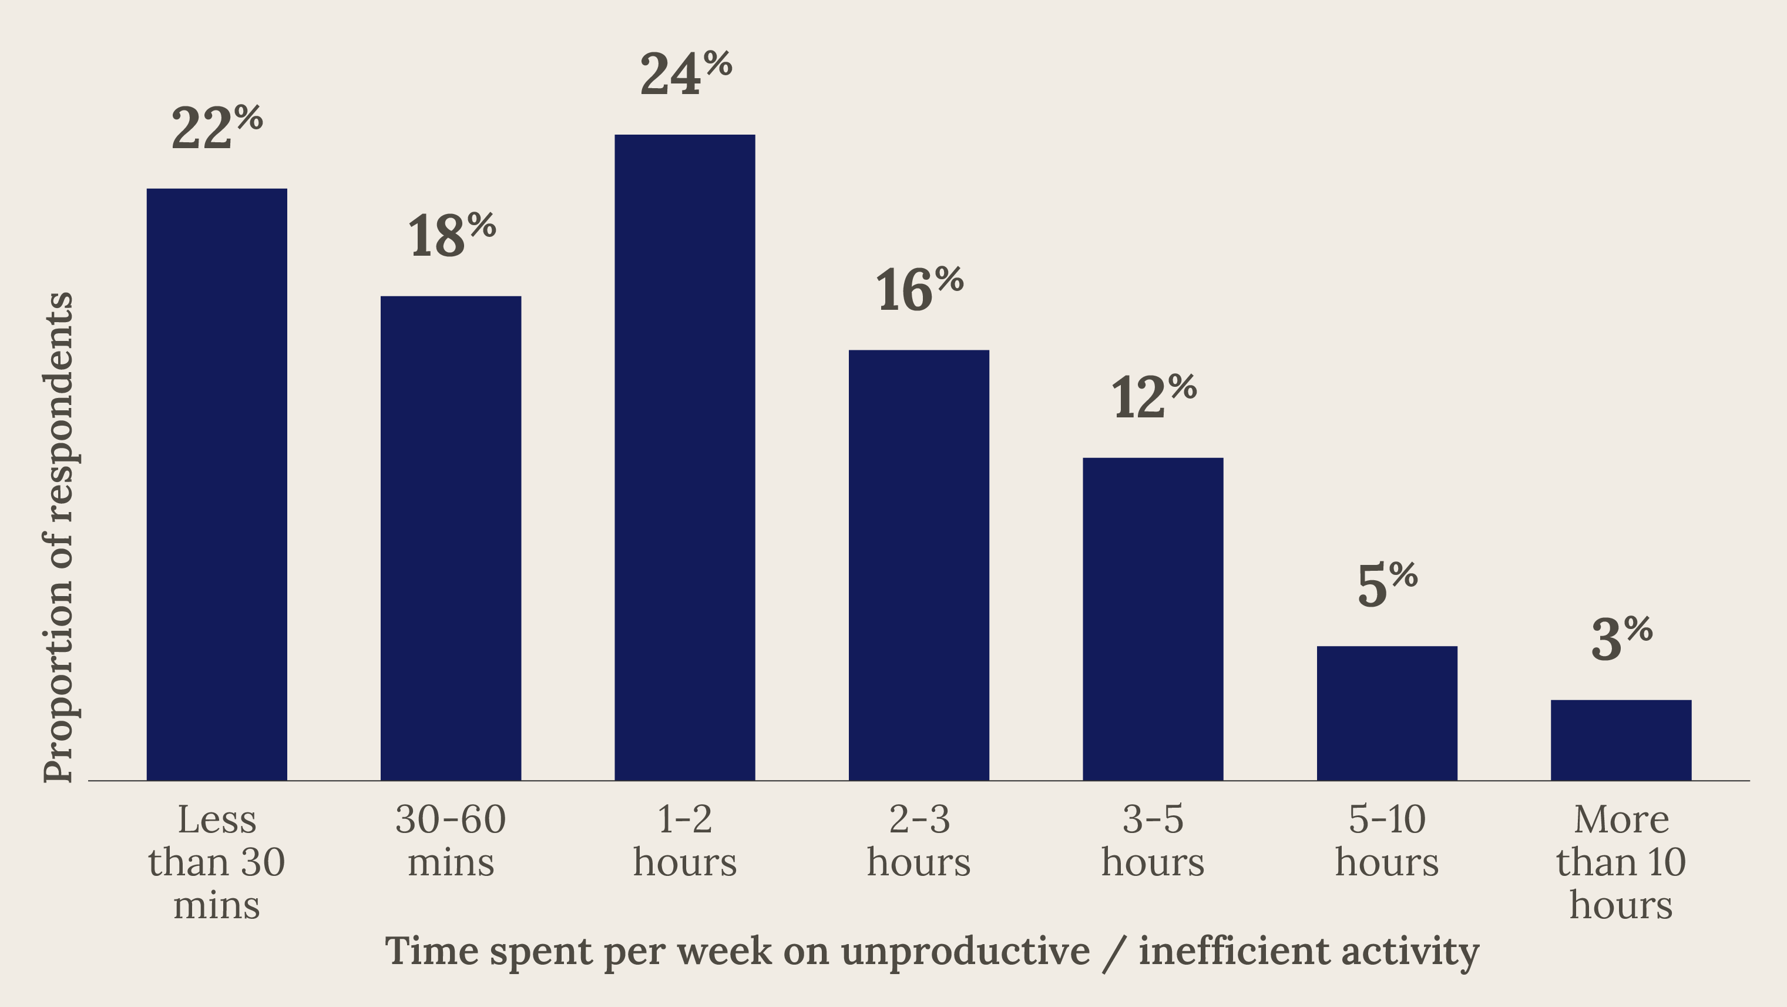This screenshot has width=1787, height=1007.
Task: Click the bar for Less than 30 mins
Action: coord(216,484)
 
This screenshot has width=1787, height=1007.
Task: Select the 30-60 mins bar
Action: coord(451,538)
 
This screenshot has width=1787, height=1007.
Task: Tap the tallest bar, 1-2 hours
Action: coord(685,457)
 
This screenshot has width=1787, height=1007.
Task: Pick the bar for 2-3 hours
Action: coord(919,566)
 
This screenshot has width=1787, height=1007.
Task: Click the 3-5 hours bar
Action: coord(1153,619)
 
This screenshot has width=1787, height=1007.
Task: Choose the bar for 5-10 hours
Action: coord(1388,714)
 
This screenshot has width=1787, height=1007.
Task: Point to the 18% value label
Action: coord(452,235)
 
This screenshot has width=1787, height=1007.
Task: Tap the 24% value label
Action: coord(686,73)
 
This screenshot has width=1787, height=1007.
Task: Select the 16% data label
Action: coord(920,289)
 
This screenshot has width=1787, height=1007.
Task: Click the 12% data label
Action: coord(1154,396)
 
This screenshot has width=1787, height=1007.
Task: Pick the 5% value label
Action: coord(1388,584)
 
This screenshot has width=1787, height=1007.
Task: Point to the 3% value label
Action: coord(1622,638)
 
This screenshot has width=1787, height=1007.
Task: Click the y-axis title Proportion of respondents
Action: coord(58,537)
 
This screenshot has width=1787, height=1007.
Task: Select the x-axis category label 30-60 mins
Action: coord(451,841)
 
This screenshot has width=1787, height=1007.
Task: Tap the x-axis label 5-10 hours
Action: coord(1388,841)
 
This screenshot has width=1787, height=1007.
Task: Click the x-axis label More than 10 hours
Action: coord(1621,862)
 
